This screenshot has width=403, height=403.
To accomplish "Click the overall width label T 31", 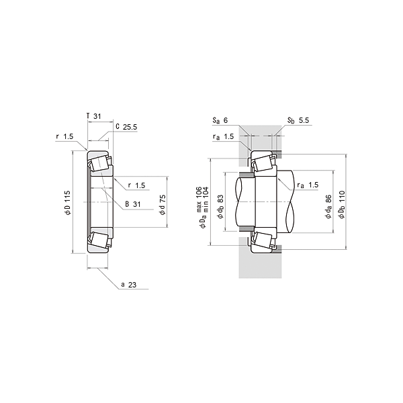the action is click(x=94, y=116).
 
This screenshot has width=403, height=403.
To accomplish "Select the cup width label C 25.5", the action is click(x=126, y=127).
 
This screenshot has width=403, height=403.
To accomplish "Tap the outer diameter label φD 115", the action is click(x=68, y=203).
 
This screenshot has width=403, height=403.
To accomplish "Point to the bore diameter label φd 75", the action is click(x=163, y=205).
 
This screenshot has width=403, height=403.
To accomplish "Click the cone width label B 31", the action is click(x=133, y=204).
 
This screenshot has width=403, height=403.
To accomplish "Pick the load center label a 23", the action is click(x=129, y=285).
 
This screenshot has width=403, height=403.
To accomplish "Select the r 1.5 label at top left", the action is click(x=64, y=136).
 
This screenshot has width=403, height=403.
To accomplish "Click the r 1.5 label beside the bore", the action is click(x=137, y=185).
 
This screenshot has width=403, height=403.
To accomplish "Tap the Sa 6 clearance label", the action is click(x=220, y=120).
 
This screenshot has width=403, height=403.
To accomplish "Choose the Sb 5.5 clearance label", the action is click(x=298, y=120).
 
